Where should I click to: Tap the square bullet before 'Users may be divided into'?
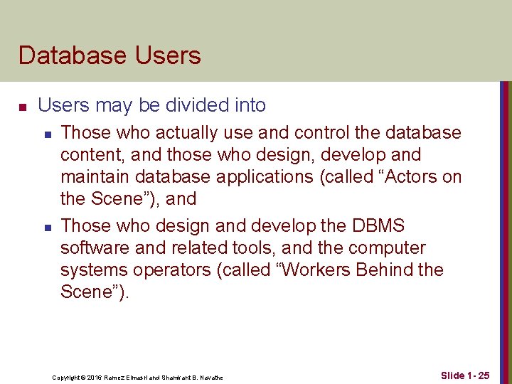[23, 107]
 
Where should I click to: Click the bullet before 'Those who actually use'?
[46, 134]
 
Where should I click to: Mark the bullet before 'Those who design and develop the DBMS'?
[46, 228]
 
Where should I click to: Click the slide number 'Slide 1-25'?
[465, 375]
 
